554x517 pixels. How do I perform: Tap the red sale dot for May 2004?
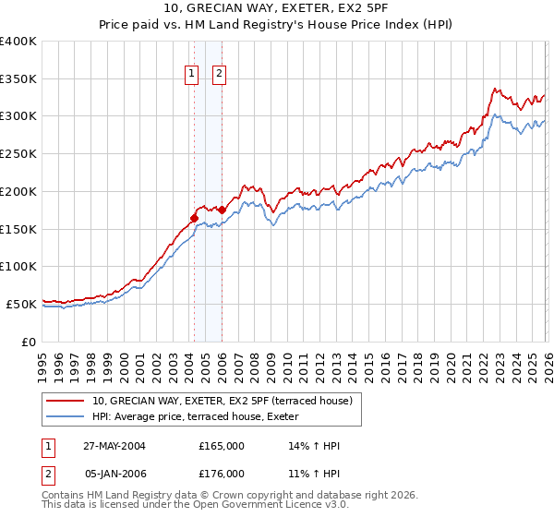pos(194,218)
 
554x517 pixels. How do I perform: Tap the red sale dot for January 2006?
pos(222,210)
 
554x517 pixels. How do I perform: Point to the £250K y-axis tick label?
pos(18,154)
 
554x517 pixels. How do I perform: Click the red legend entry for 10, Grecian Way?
pos(222,401)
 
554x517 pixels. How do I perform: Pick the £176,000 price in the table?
pos(221,474)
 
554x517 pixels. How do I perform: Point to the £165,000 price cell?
pos(221,446)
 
